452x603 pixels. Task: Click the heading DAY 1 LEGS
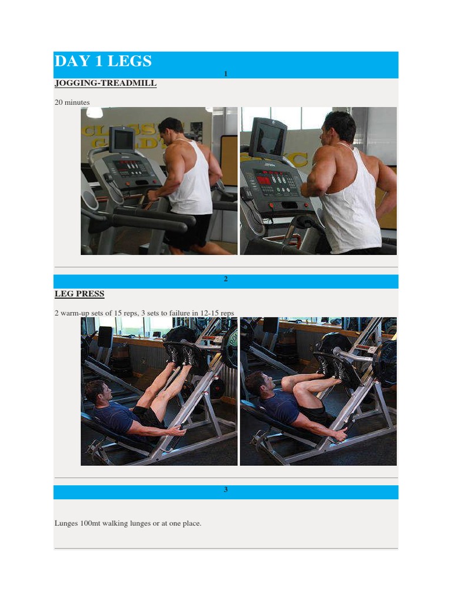click(103, 61)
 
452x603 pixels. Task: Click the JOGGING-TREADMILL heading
click(105, 83)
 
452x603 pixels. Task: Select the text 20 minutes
click(72, 102)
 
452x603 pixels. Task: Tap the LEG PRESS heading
click(79, 293)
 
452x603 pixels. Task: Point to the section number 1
click(226, 74)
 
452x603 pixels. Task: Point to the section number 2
click(226, 279)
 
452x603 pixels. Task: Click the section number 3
click(226, 490)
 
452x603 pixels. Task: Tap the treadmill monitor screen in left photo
click(122, 140)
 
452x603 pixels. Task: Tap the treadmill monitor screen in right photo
click(269, 139)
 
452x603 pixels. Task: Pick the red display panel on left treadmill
click(131, 168)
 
